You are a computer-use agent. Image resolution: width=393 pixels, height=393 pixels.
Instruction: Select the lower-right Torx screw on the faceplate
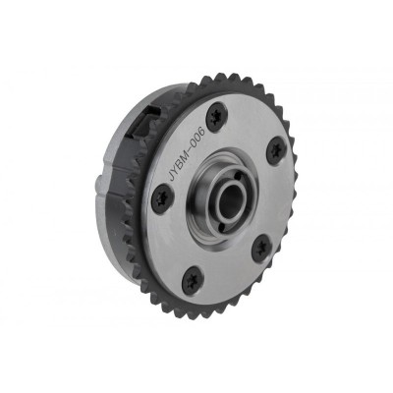pyautogui.click(x=261, y=248)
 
